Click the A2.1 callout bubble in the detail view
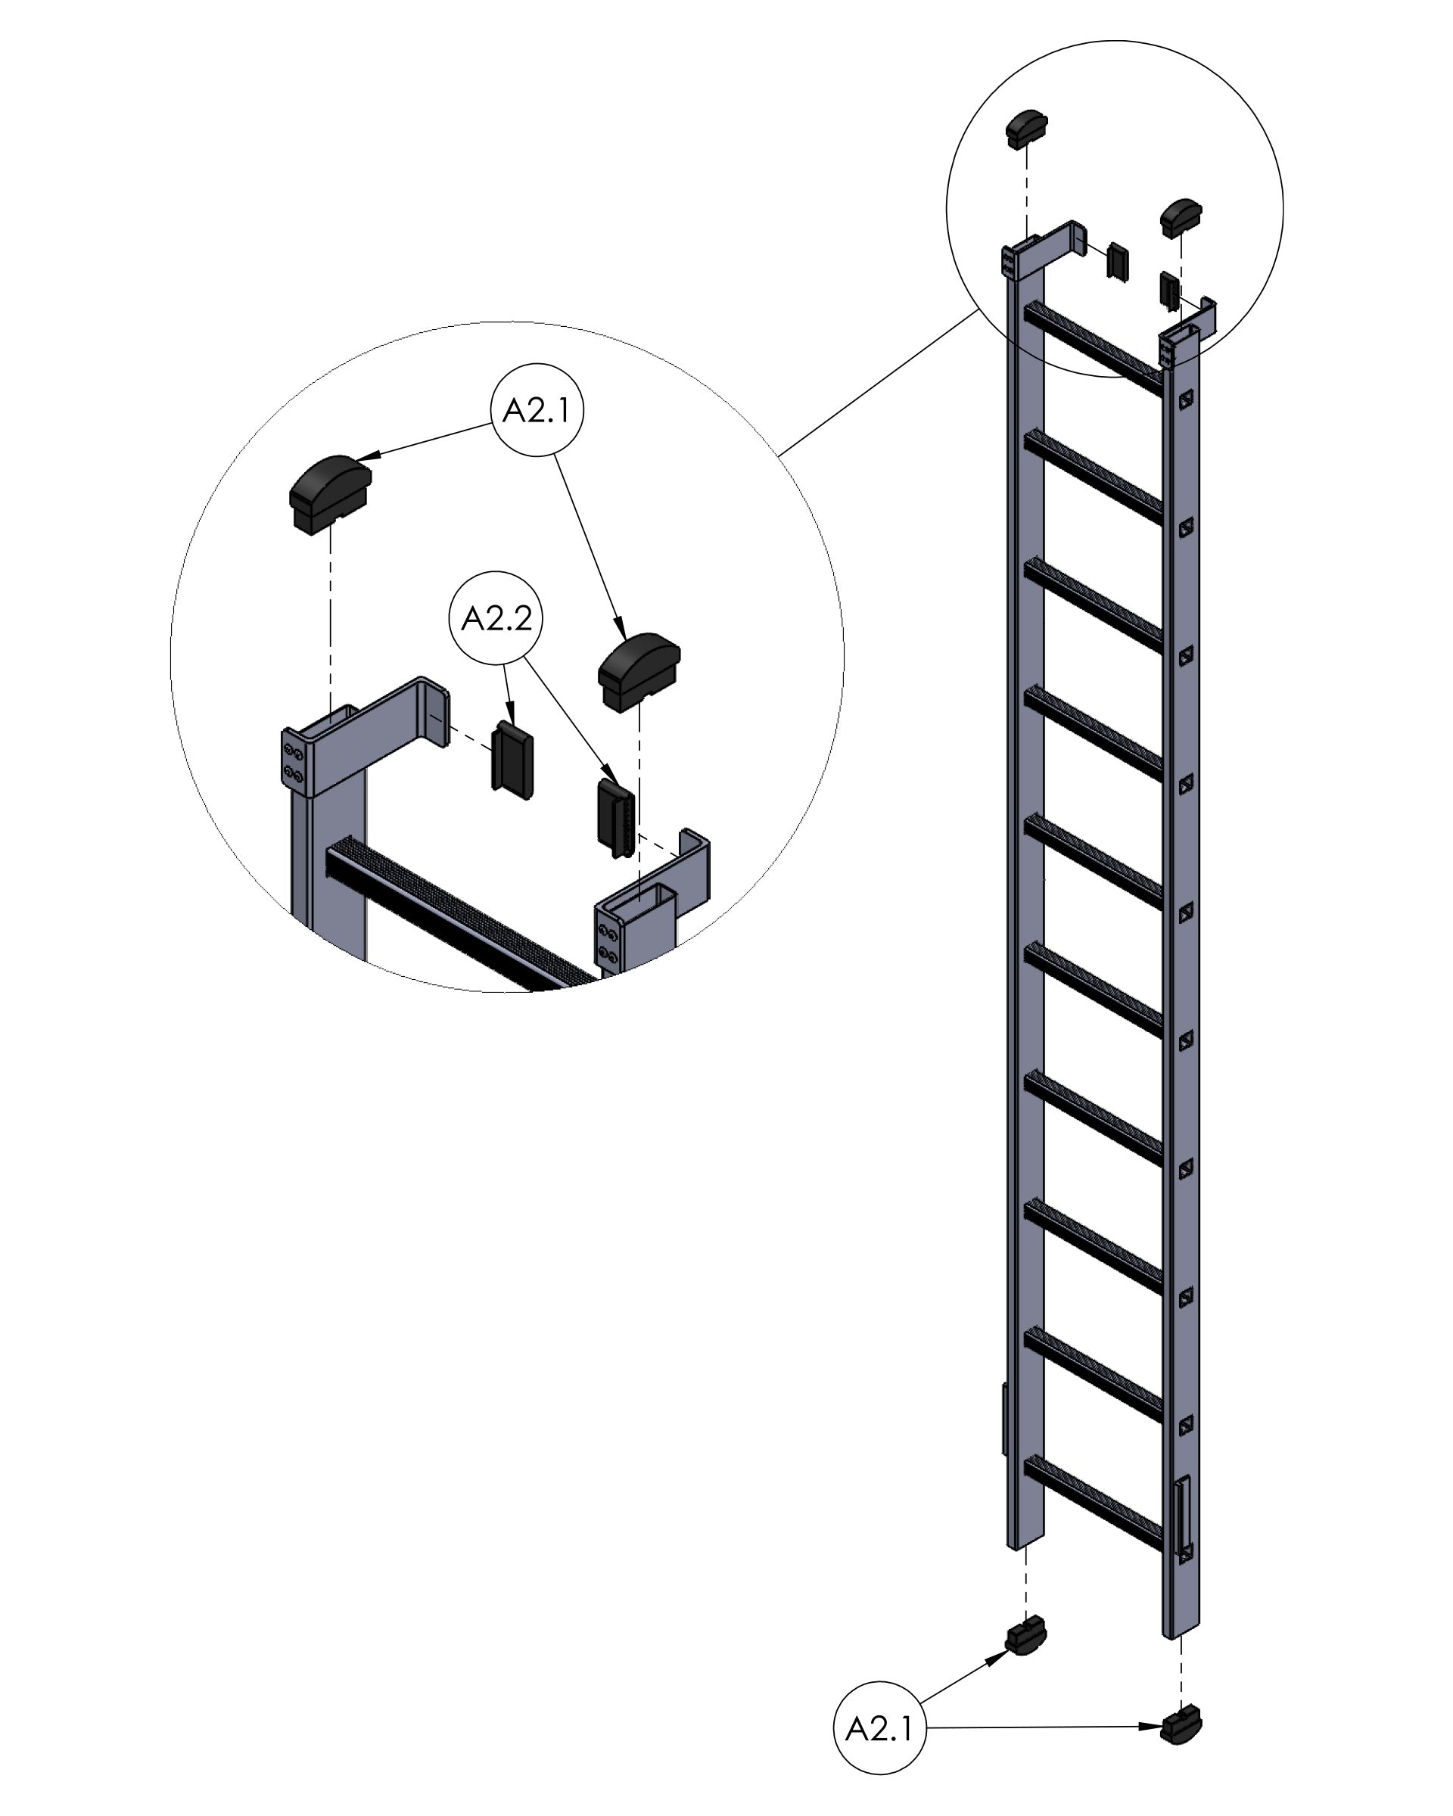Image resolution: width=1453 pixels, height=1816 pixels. (x=537, y=410)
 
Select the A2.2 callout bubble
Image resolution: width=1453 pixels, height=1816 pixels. (x=496, y=619)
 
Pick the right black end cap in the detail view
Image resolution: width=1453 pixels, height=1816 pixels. (x=639, y=671)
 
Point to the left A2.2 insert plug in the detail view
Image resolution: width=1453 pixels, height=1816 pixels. (x=512, y=760)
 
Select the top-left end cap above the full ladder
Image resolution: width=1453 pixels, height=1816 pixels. (x=1026, y=129)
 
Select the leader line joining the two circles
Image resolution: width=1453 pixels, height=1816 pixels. (x=879, y=382)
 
